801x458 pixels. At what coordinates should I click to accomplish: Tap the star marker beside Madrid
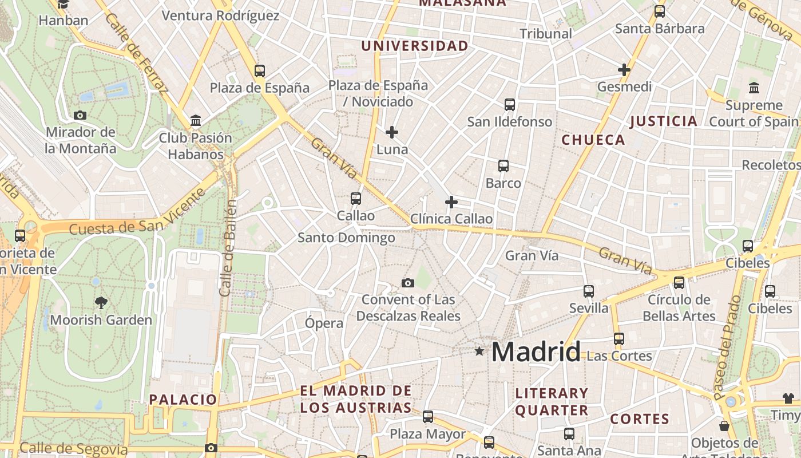click(x=479, y=351)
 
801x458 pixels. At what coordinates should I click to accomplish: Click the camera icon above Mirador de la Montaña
click(x=80, y=115)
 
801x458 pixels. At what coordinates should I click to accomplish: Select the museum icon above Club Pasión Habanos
click(x=196, y=120)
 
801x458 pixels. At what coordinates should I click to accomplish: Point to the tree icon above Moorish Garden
click(x=101, y=302)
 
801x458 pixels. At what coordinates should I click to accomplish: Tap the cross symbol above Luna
click(x=392, y=132)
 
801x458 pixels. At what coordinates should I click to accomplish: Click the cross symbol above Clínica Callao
click(x=451, y=202)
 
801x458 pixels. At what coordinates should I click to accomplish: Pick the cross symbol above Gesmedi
click(x=624, y=70)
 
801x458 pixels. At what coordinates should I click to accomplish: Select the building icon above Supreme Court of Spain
click(x=754, y=88)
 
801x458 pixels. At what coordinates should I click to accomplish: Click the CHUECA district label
click(x=593, y=140)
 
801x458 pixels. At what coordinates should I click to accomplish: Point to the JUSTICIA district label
click(x=664, y=121)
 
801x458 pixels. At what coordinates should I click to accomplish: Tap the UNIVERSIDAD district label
click(x=415, y=46)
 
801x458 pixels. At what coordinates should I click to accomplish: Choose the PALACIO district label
click(x=183, y=400)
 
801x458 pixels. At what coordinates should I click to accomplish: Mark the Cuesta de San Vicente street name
click(x=137, y=212)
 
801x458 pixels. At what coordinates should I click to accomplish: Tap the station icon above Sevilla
click(x=589, y=291)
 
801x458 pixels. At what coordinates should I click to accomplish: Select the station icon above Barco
click(x=503, y=166)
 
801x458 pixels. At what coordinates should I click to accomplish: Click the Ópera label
click(x=324, y=323)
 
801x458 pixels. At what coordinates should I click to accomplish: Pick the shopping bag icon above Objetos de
click(x=724, y=426)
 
